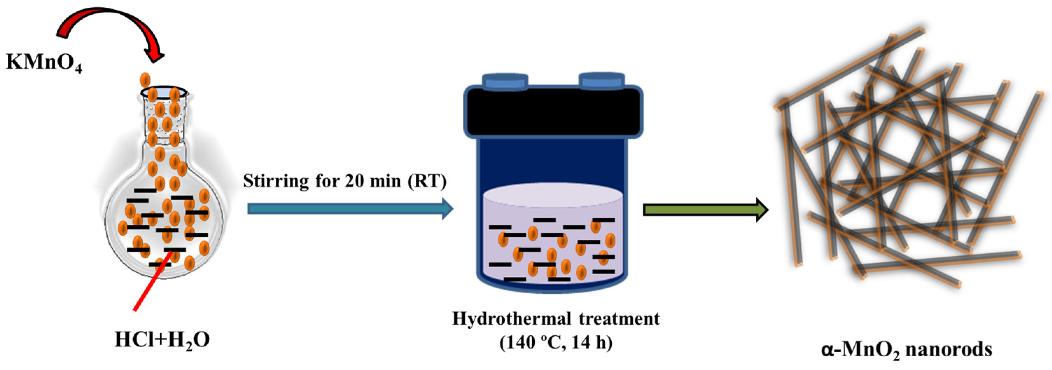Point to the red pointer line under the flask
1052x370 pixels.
tap(151, 282)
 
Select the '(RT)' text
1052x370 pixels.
tap(426, 181)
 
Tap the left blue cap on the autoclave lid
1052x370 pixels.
tap(505, 81)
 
